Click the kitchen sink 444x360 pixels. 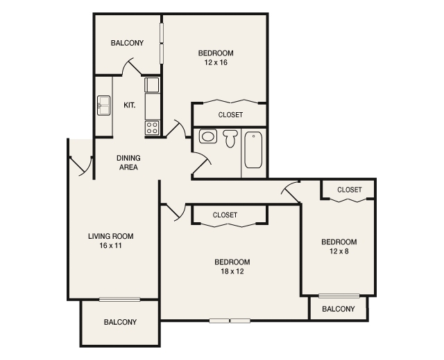click(x=104, y=106)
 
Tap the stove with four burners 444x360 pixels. click(x=152, y=127)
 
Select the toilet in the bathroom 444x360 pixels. click(x=230, y=138)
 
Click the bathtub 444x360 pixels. click(x=253, y=150)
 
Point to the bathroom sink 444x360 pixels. click(x=207, y=136)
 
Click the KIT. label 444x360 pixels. click(x=129, y=105)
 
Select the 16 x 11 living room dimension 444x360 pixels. click(x=110, y=246)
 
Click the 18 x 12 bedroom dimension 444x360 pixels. click(x=232, y=271)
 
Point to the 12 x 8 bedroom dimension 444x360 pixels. click(x=339, y=251)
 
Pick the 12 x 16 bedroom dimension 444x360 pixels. click(x=215, y=62)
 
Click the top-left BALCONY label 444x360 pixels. click(x=127, y=43)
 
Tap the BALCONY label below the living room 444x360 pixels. click(x=120, y=322)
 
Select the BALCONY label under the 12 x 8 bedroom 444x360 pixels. click(x=338, y=309)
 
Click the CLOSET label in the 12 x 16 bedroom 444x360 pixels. click(x=230, y=115)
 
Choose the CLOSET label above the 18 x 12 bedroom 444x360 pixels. click(x=225, y=215)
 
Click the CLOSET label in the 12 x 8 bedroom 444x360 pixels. click(x=349, y=190)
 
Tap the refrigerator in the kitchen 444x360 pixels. click(x=152, y=85)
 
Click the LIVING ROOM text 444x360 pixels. click(x=110, y=236)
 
